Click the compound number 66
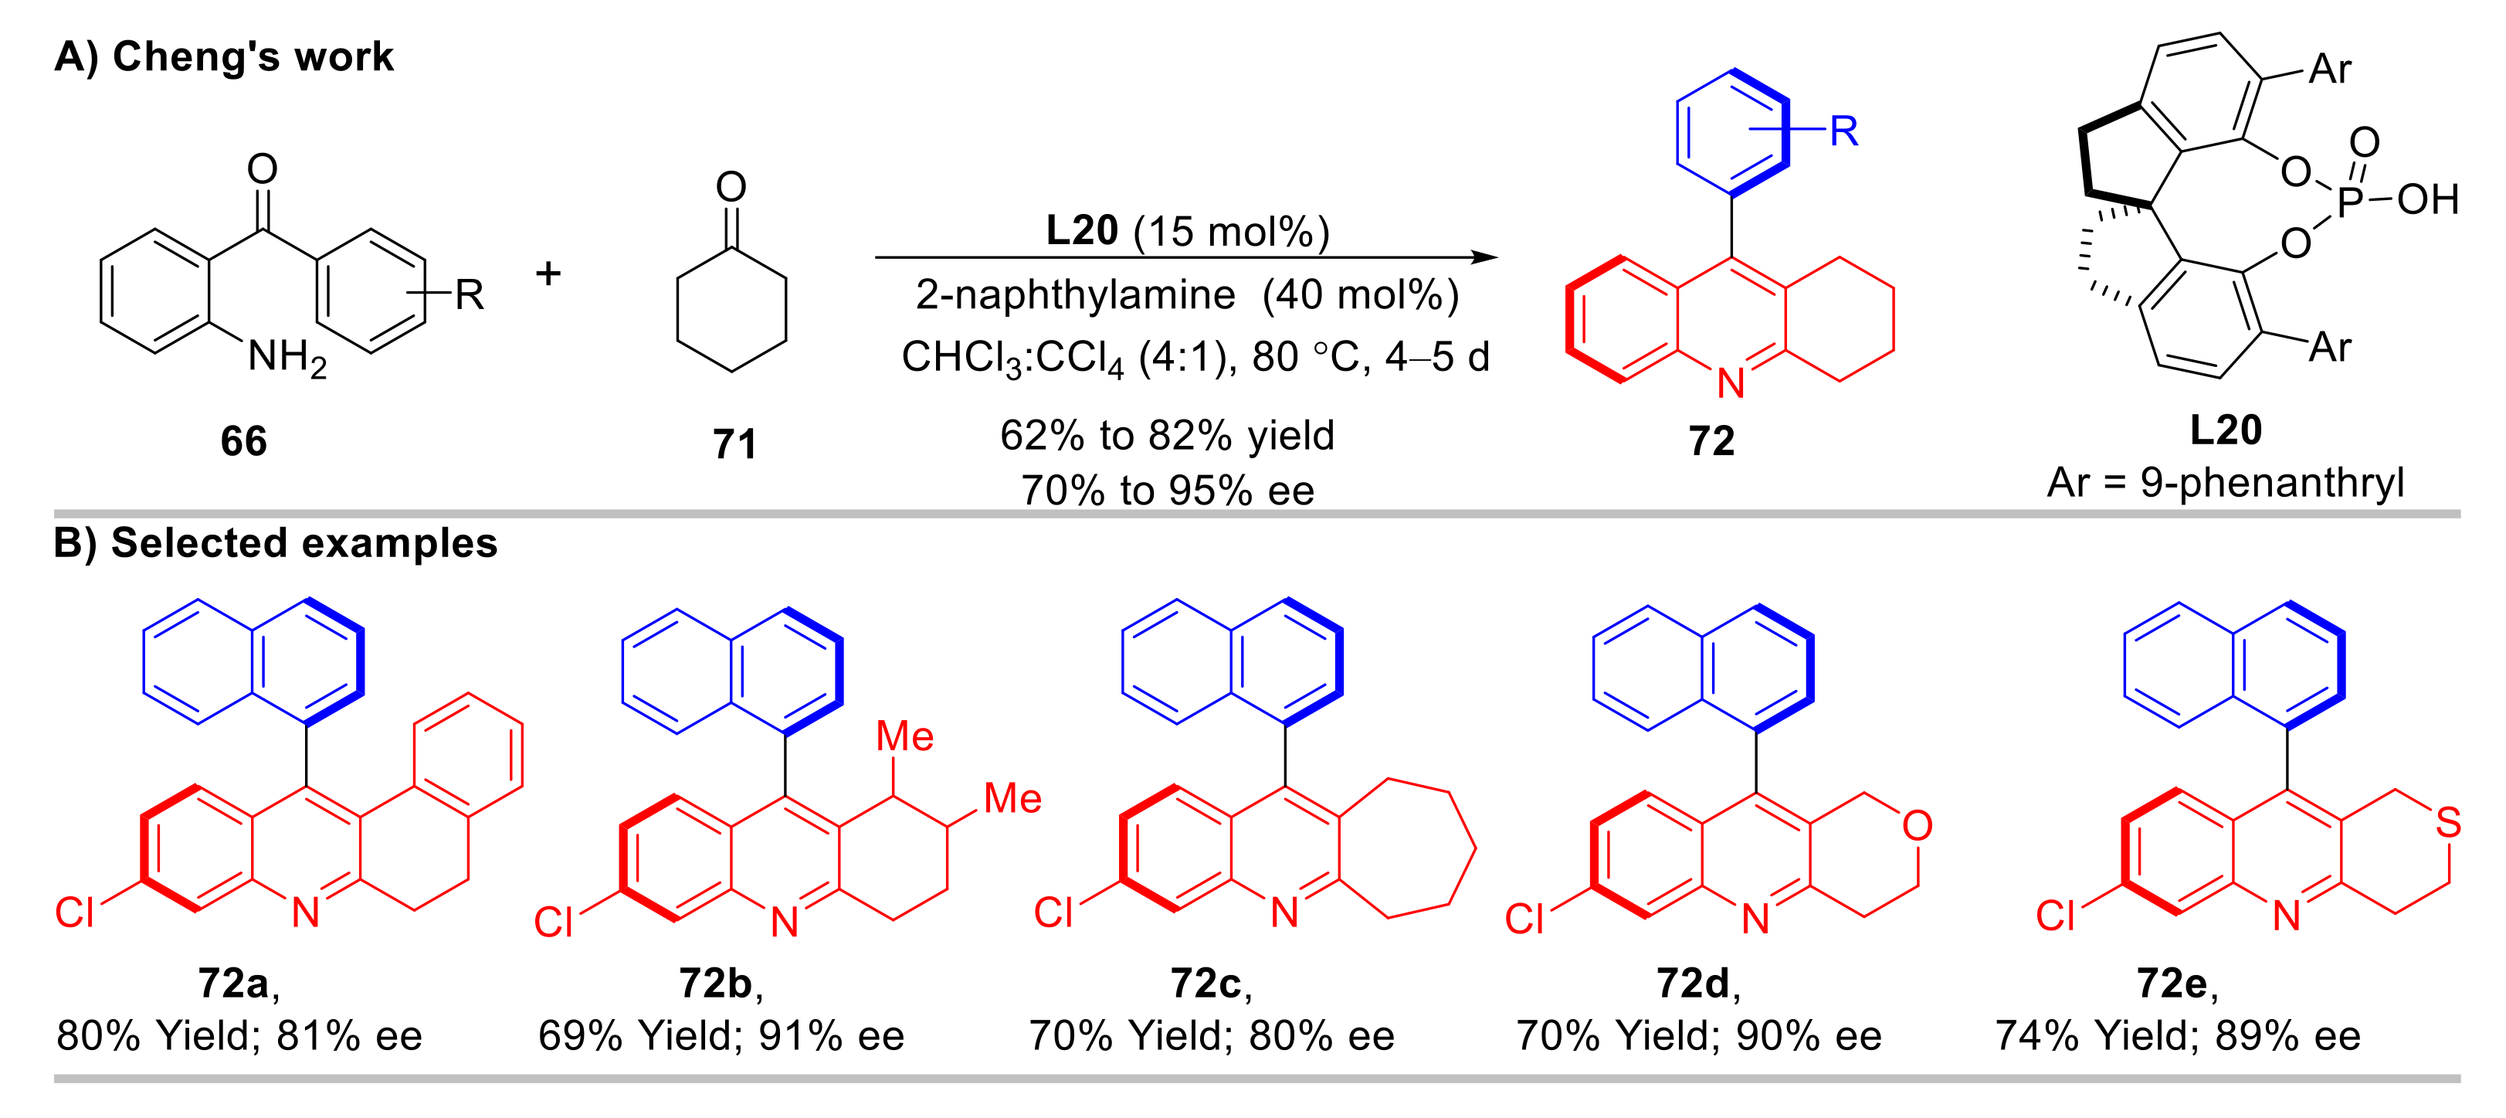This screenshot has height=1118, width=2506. (x=243, y=440)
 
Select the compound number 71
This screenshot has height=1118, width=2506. (x=734, y=443)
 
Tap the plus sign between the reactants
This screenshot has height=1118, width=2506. (x=548, y=274)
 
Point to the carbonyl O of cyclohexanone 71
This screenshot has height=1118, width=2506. (x=731, y=186)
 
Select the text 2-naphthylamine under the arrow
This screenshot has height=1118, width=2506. (x=1075, y=294)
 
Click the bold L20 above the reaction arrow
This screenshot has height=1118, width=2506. (x=1082, y=230)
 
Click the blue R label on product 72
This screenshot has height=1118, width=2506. (x=1843, y=131)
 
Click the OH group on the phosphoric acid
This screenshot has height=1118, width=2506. (x=2428, y=199)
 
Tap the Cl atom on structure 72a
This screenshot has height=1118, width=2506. (x=74, y=912)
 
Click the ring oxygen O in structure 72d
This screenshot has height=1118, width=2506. (x=1918, y=826)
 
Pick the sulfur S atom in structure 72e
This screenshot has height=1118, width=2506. (x=2449, y=823)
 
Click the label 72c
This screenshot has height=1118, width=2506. (x=1207, y=984)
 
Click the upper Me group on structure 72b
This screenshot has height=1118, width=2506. (x=905, y=736)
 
